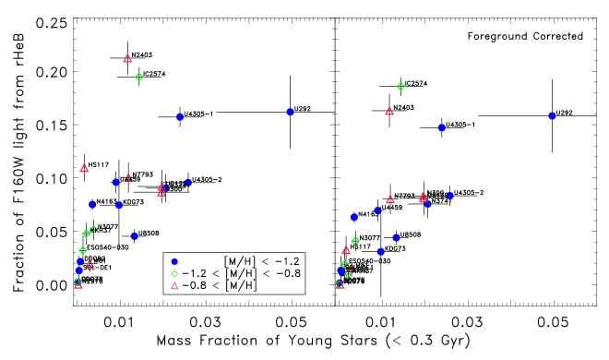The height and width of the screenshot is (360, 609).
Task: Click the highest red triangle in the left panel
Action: pos(127,58)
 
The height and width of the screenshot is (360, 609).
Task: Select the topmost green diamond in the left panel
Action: pos(139,77)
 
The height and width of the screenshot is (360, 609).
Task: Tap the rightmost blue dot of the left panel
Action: pos(290,112)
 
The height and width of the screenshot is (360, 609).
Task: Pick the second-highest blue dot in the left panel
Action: pos(180,117)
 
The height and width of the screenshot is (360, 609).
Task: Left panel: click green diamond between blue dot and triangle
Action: pos(174,273)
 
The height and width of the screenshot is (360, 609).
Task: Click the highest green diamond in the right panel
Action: pos(400,86)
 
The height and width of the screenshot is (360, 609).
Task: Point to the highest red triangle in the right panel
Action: pos(389,112)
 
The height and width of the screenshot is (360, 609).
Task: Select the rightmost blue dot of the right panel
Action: pos(552,115)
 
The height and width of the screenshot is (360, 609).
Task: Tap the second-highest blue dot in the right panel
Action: pos(442,127)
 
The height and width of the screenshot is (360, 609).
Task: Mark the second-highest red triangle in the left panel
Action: pos(84,168)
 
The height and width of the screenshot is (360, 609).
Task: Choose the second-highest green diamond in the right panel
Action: pos(355,241)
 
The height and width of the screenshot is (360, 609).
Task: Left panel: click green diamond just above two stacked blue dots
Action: pos(83,250)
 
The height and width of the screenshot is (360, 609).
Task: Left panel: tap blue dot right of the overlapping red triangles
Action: pos(188,182)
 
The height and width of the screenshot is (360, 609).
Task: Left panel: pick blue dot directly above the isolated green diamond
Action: pos(174,261)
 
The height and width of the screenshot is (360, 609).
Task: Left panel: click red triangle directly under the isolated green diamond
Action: pos(174,286)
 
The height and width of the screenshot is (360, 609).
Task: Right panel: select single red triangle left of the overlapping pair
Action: pos(390,199)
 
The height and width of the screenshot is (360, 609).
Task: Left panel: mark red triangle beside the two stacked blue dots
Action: pos(90,265)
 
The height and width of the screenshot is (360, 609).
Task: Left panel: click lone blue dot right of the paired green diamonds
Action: pos(135,235)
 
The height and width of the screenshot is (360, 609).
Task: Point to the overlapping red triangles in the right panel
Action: pos(424,197)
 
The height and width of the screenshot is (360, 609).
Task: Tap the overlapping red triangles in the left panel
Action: pos(161,189)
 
